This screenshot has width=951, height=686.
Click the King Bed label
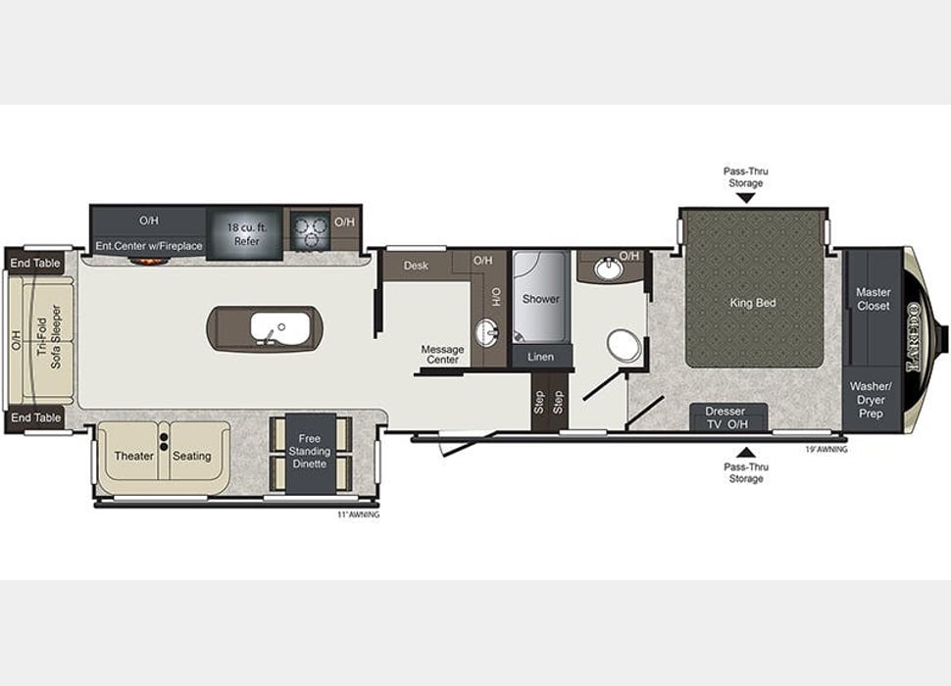coord(752,303)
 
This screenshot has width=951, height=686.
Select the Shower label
coord(540,298)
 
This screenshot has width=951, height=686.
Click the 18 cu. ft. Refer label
coord(247,234)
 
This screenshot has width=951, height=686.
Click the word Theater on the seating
coord(134,456)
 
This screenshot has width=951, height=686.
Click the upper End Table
coord(35,263)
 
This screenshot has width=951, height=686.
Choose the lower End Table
coord(35,417)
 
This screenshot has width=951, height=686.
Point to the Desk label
coord(416,265)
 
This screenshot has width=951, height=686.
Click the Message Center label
coord(442,354)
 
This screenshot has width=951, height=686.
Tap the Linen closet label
coord(540,357)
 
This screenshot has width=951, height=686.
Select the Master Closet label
coord(873,299)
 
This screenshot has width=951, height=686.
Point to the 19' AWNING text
coord(826,449)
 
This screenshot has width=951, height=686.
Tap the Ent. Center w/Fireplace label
coord(148,246)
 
